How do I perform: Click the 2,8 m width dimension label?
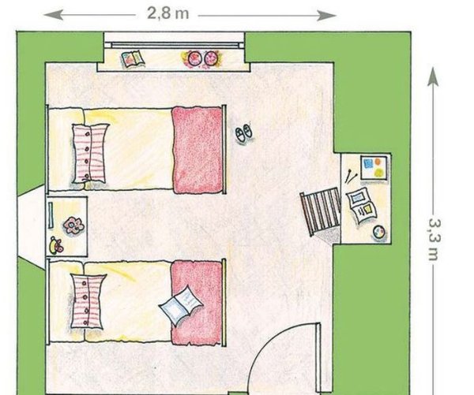(x=167, y=13)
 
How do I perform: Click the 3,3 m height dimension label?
(x=434, y=240)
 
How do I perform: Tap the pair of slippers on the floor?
(x=245, y=132)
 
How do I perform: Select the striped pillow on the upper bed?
(x=90, y=153)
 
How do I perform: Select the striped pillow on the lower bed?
(x=88, y=301)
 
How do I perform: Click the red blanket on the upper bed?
(x=197, y=150)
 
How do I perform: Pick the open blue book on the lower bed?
(x=181, y=305)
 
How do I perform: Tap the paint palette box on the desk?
(x=374, y=168)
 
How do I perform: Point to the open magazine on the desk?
(x=362, y=206)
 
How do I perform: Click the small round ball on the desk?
(x=379, y=233)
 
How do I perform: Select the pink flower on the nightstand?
(x=73, y=225)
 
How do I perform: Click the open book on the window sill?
(x=133, y=58)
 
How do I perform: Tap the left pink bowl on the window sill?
(x=194, y=58)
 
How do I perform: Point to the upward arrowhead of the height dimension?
(x=433, y=76)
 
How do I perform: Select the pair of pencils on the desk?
(x=350, y=177)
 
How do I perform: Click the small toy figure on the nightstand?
(x=57, y=244)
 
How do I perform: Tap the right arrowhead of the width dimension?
(x=326, y=16)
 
